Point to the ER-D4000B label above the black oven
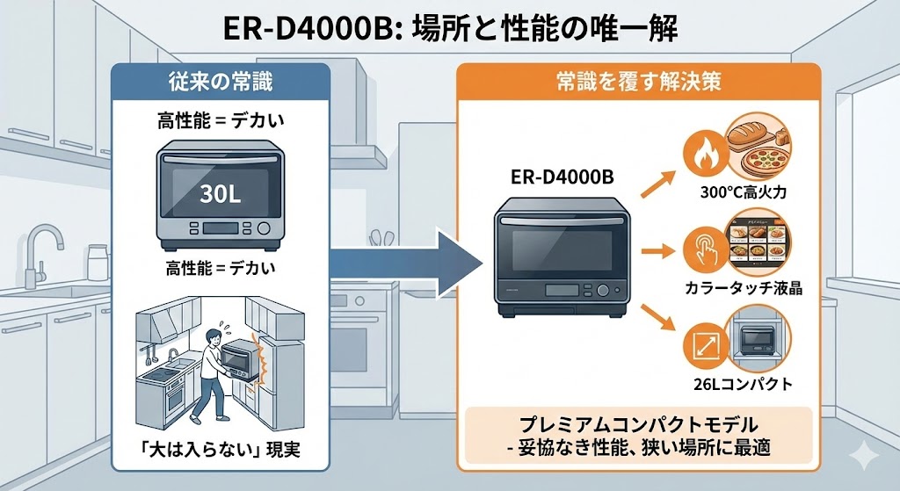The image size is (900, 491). pos(562,177)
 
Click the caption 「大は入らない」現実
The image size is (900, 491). pos(221,450)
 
